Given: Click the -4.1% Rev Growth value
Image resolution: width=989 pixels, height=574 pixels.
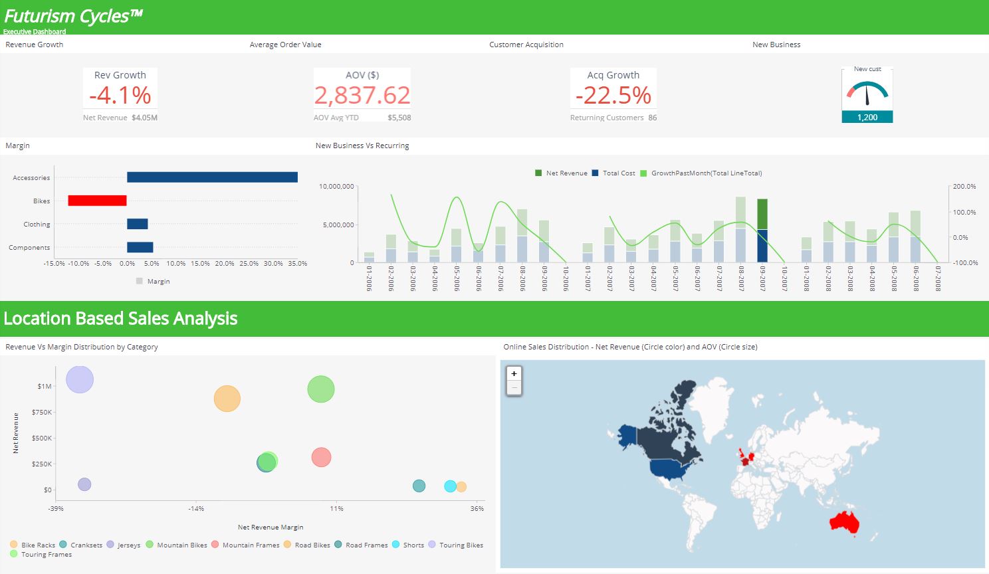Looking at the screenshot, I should click(x=120, y=96).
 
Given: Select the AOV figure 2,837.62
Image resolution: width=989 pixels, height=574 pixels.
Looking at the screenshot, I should click(x=362, y=96).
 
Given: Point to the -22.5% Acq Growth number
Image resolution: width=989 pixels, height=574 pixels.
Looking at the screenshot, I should click(x=613, y=96).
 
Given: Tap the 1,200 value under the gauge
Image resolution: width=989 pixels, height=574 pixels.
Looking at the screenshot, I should click(x=867, y=118).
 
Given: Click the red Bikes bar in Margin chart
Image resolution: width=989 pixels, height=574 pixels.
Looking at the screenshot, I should click(x=97, y=201).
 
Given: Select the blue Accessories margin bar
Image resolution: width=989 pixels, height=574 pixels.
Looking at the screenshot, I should click(x=212, y=177).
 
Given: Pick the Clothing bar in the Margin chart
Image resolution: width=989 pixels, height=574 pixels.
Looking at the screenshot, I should click(x=138, y=225).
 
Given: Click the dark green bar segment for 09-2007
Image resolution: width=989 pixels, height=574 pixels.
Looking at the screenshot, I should click(x=762, y=214).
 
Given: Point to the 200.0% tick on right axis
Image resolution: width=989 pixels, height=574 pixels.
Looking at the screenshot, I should click(x=964, y=187).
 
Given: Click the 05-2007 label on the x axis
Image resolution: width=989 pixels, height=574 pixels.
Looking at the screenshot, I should click(x=675, y=279).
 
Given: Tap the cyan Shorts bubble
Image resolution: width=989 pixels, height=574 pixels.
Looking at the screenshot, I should click(x=450, y=486).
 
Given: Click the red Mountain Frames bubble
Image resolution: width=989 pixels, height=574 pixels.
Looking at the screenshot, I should click(x=321, y=457).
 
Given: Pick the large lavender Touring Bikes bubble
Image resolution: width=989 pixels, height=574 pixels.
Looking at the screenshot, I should click(x=80, y=379).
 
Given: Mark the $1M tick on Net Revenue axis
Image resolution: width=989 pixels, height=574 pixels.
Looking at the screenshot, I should click(x=45, y=386).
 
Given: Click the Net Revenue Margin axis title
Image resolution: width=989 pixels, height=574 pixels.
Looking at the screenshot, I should click(x=271, y=527).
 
